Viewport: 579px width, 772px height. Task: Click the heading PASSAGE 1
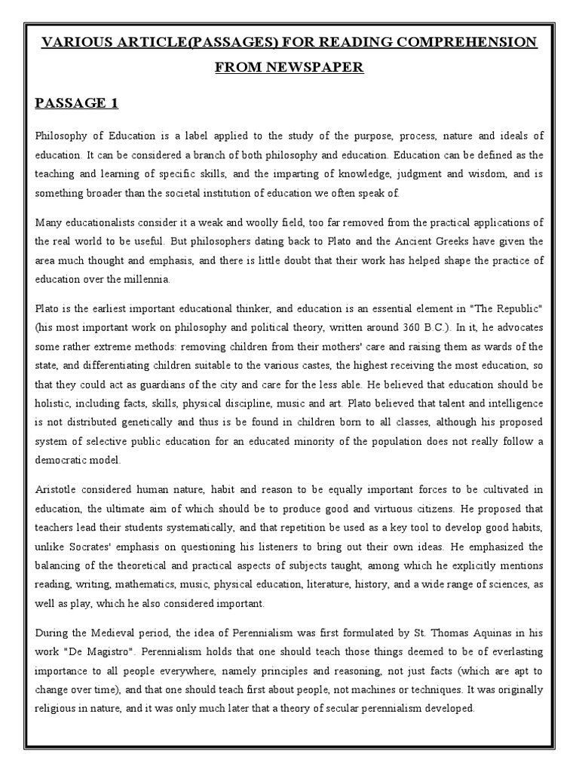(x=76, y=104)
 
